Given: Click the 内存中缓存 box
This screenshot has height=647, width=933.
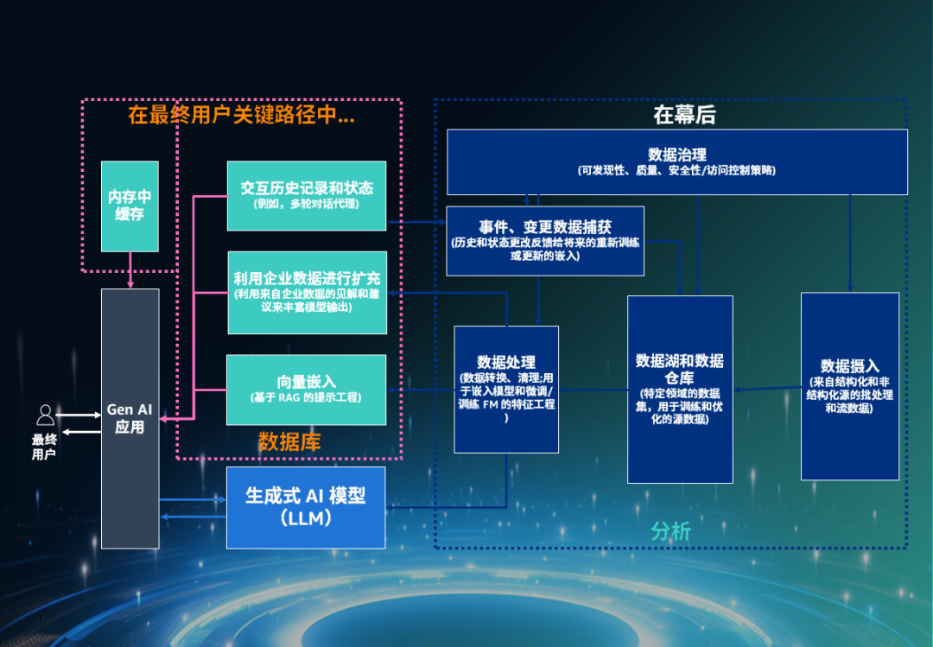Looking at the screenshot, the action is point(130,206).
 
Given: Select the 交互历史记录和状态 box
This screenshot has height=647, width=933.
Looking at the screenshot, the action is point(307,195).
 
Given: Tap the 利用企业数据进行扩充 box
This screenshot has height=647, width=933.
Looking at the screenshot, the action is point(307,292).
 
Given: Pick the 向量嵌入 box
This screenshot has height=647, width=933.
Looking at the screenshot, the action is point(307,389).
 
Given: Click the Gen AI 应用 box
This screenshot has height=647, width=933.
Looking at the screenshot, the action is point(130,418).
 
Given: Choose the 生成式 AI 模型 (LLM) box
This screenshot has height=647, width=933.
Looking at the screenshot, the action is point(306,507).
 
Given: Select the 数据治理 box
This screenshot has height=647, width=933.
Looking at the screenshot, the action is point(676,162).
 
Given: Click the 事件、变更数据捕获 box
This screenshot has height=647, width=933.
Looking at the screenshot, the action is point(545,240).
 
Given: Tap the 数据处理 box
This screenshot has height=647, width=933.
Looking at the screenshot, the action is point(506,389).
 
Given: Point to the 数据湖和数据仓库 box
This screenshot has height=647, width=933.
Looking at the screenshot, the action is point(680,389).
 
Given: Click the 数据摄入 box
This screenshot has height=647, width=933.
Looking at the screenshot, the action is point(850,385).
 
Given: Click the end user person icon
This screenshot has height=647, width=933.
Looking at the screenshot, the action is point(45,416).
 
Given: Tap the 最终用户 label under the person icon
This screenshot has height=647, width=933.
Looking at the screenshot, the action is point(44,447).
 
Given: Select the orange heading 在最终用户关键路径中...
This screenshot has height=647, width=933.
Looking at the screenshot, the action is point(242,115).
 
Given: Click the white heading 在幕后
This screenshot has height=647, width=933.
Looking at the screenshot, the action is point(684,115).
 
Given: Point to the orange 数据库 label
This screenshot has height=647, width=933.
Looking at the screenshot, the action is point(289,442).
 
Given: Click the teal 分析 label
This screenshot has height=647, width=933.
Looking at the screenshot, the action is point(670,530).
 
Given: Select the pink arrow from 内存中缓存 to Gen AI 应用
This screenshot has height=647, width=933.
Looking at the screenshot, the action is point(130,270).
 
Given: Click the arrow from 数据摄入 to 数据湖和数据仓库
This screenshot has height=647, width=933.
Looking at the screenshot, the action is point(767,390).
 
